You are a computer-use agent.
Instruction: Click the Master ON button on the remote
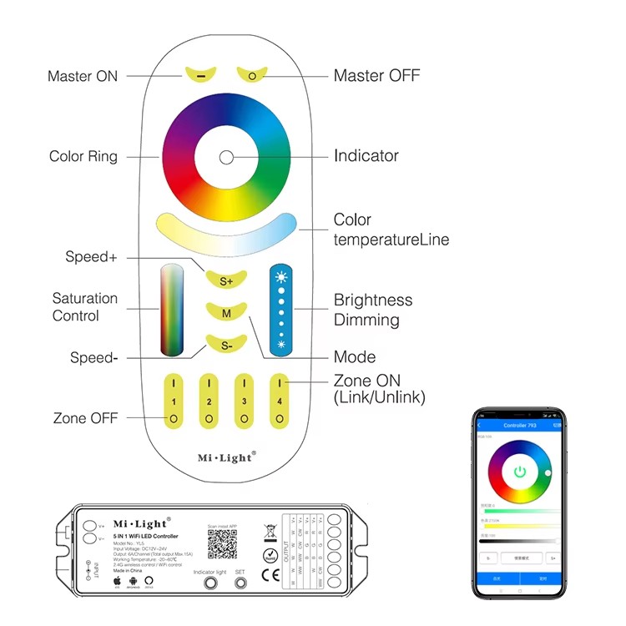point(201,74)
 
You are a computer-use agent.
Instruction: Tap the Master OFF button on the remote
point(251,74)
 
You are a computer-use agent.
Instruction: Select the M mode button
point(226,313)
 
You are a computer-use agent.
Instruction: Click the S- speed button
point(226,344)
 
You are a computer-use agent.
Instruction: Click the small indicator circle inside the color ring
point(226,156)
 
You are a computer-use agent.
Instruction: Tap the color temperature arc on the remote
point(226,232)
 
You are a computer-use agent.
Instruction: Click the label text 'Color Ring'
point(83,156)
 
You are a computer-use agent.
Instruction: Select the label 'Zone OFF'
point(85,418)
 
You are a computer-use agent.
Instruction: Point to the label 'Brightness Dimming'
point(373,310)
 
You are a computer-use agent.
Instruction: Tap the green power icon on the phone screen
point(520,472)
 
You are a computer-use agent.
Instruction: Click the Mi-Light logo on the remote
point(226,457)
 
